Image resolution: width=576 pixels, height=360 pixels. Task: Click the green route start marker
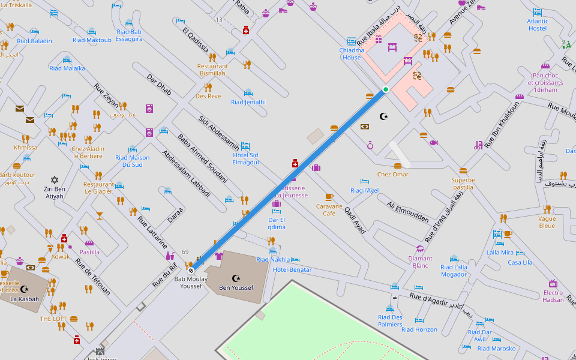386,89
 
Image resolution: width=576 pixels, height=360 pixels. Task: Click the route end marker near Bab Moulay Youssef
191,271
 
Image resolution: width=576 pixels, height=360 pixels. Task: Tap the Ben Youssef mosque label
236,288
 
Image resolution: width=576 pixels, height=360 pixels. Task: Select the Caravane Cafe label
329,209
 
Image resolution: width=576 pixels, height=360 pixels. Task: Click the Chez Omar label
392,175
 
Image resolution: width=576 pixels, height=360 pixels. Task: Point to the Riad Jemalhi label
248,102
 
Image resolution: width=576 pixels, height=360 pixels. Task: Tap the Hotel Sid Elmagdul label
245,158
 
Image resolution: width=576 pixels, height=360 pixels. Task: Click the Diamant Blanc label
420,262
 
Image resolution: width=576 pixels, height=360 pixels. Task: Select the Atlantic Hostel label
538,25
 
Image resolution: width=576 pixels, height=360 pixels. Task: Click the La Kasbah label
25,299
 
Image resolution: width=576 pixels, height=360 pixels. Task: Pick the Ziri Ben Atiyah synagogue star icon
55,179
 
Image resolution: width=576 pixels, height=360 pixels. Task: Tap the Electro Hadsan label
553,296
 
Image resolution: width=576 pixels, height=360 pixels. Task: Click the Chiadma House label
352,54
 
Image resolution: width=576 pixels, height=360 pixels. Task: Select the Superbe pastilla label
463,184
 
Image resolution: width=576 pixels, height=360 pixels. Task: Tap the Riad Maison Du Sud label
132,161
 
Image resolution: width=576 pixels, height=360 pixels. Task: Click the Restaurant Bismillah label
212,70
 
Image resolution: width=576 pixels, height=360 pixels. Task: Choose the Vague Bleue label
547,222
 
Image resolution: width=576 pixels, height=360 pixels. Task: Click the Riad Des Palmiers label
390,320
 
